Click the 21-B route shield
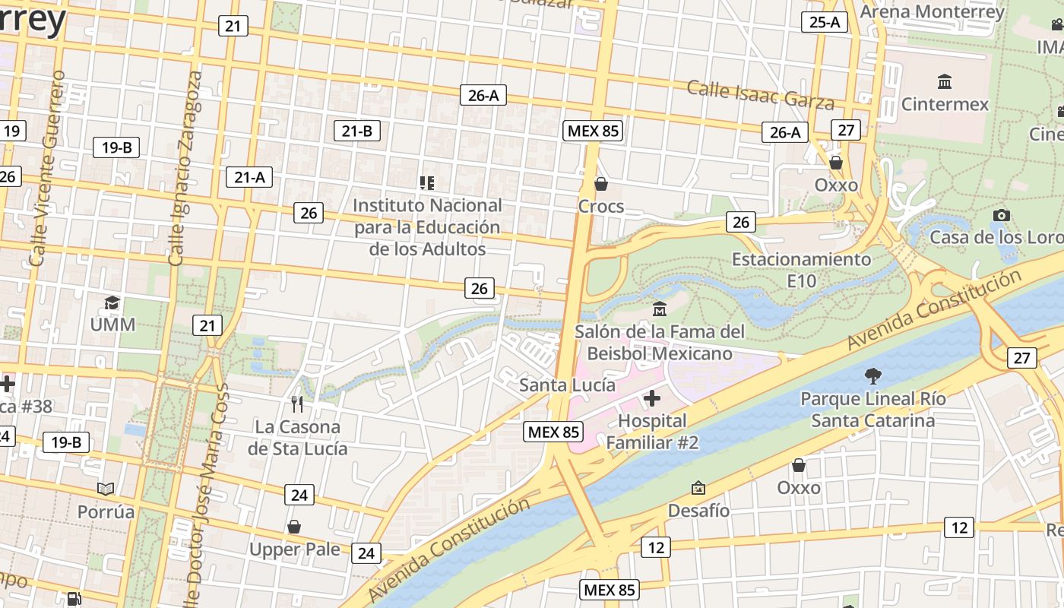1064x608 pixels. (357, 131)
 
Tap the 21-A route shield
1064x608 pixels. (249, 177)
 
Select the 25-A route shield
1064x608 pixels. (825, 22)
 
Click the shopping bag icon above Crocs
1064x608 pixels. (600, 184)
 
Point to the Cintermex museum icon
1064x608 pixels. (945, 81)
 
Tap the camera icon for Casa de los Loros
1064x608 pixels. (1002, 215)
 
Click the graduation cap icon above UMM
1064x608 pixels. (112, 303)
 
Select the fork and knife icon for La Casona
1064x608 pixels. (297, 404)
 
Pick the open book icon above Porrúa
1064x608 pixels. (106, 489)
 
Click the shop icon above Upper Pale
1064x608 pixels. (294, 527)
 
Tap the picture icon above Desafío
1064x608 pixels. (698, 488)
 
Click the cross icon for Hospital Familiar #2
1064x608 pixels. (651, 398)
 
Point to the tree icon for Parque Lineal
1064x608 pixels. (872, 375)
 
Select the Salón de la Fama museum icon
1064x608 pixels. (659, 309)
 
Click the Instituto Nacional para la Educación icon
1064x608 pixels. (427, 182)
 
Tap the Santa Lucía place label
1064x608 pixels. (567, 385)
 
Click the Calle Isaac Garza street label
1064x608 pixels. (760, 94)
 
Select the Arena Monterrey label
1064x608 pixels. (932, 11)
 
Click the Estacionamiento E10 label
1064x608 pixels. (801, 270)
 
